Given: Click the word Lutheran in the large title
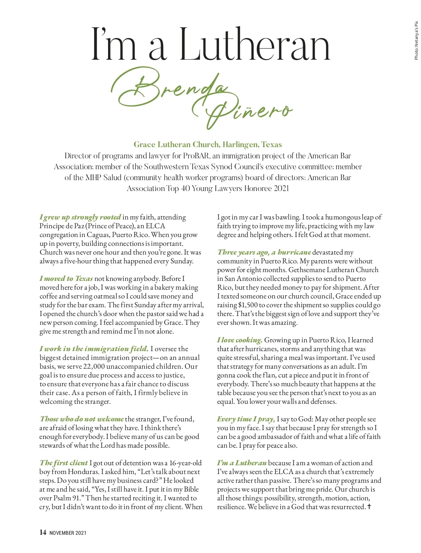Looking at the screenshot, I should tap(255, 45).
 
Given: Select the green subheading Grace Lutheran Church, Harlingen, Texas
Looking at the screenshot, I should tap(208, 145).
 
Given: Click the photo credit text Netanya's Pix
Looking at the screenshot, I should tap(416, 41).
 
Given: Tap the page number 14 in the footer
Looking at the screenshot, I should tap(43, 532).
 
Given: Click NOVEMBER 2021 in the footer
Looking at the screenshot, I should tap(68, 533).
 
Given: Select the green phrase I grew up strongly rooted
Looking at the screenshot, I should tap(80, 217).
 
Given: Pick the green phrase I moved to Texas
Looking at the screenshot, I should tap(66, 278).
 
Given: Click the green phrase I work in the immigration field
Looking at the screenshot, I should tap(94, 349).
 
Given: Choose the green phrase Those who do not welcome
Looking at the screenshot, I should tap(82, 419).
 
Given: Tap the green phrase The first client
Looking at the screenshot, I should tap(64, 463).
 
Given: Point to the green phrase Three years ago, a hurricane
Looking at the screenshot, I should tap(264, 252).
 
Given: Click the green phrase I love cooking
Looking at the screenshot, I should tap(240, 340).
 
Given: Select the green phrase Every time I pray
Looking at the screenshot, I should tap(246, 419).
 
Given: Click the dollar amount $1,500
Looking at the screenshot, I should tap(248, 305).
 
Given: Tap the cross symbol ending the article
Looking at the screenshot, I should tap(369, 507).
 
